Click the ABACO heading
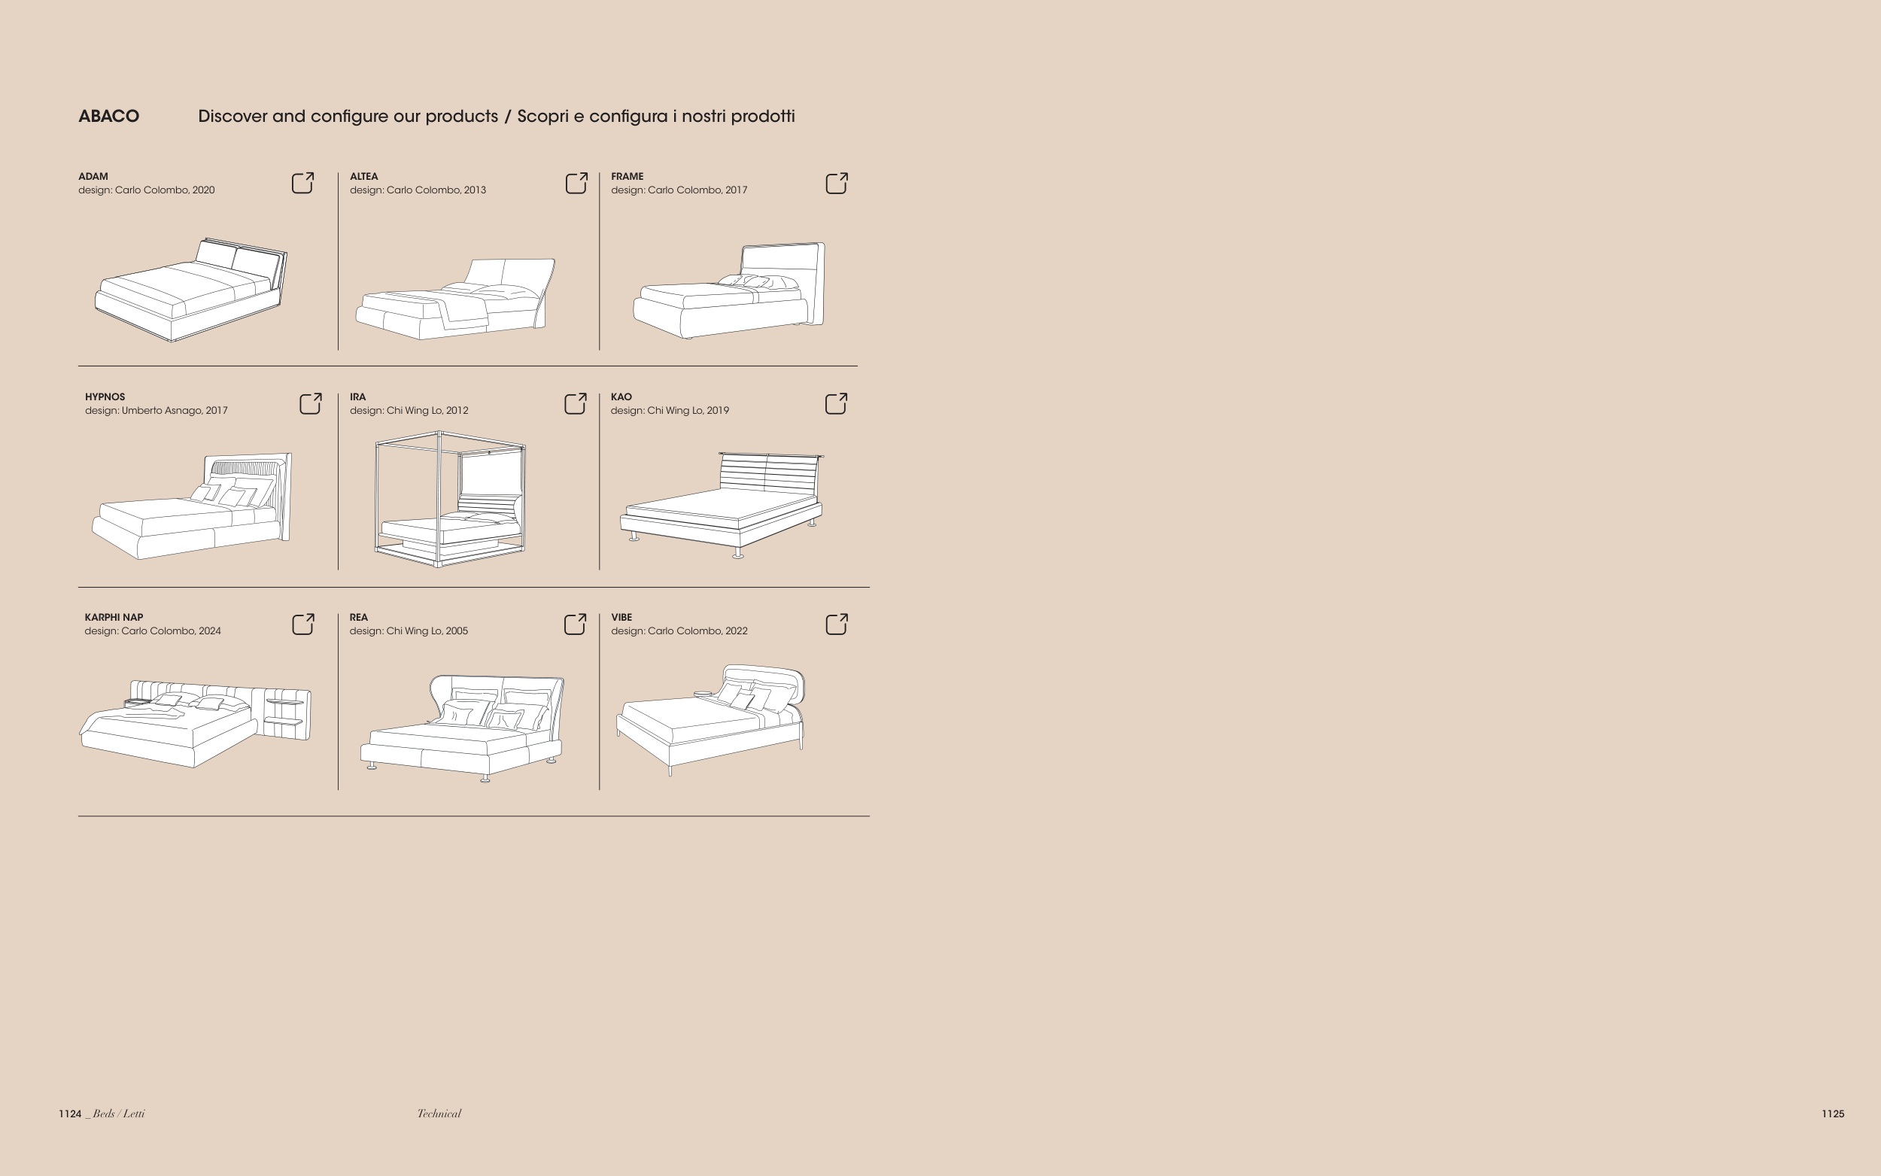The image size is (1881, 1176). pos(109,117)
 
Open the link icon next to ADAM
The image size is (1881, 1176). pos(302,183)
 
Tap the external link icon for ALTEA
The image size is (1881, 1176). pos(576,183)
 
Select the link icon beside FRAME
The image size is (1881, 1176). pos(836,183)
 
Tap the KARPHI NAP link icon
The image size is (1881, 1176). pos(303,624)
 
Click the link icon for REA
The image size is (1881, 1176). pos(575,624)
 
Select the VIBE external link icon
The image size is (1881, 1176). pos(836,624)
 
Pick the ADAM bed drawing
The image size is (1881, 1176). pos(191,290)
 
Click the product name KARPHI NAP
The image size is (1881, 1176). pos(114,618)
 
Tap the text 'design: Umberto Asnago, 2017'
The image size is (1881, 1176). pos(156,411)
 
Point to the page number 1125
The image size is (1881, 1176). pos(1833,1114)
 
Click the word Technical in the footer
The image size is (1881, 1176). pos(439,1114)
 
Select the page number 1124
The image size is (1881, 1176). pos(70,1114)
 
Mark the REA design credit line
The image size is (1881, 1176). pos(409,631)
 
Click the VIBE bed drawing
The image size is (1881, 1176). pos(711,719)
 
